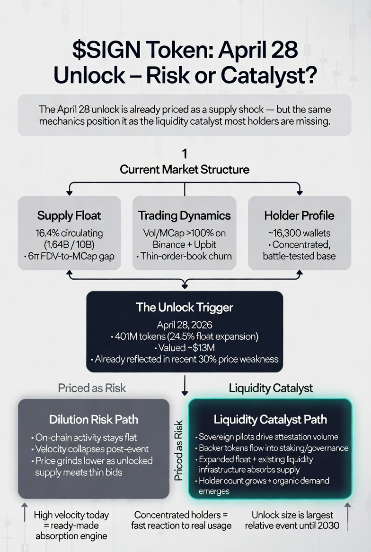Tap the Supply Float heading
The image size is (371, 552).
pos(69,216)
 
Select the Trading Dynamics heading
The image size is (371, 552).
pos(185,216)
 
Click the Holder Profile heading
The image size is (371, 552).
pos(299,216)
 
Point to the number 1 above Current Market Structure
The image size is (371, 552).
pos(185,154)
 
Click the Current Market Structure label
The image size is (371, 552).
pos(185,169)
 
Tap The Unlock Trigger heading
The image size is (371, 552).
pos(184,307)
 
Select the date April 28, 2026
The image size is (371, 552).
pos(184,325)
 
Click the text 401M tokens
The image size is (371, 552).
pos(137,336)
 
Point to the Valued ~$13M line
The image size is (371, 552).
pos(184,348)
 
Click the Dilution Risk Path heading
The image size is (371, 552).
pos(94,419)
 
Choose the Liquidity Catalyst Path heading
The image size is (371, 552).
pos(270,419)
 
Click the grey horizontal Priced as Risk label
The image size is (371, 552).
pos(92,388)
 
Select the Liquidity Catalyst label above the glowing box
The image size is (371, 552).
pos(271,388)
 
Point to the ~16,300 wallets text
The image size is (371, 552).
pos(299,233)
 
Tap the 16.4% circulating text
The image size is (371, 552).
pos(69,233)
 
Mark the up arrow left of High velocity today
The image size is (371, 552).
pos(25,513)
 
